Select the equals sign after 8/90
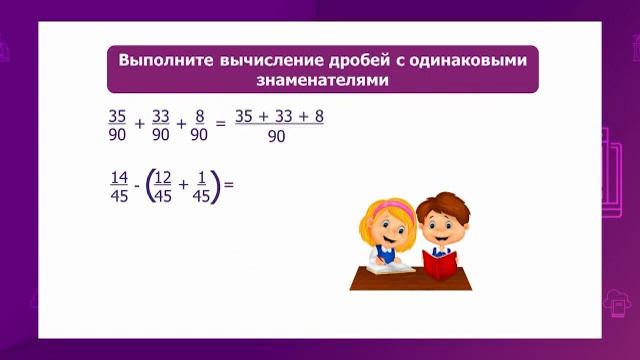click(x=221, y=126)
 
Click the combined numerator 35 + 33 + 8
click(x=279, y=116)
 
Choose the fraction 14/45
click(x=119, y=186)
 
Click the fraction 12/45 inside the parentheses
click(x=163, y=186)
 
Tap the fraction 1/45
click(x=201, y=186)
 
